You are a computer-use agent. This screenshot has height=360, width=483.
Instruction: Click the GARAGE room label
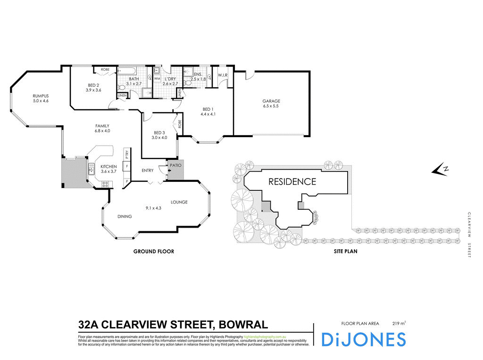point(271,101)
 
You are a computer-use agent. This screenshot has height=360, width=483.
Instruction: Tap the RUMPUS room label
point(41,95)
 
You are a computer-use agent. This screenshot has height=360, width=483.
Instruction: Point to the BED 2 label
point(94,84)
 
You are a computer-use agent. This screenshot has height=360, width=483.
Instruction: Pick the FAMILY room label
point(102,125)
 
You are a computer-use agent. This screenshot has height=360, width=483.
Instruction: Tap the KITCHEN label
point(108,166)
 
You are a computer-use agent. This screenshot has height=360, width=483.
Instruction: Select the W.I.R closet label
point(223,75)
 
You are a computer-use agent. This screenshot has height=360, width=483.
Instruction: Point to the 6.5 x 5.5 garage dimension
point(271,106)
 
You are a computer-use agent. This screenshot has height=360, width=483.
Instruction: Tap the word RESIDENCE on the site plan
point(292,181)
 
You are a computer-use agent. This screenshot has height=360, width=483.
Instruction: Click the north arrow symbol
point(441,170)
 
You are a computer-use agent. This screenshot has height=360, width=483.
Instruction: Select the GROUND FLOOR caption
point(154,252)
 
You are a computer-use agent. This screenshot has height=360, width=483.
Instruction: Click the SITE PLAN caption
point(345,252)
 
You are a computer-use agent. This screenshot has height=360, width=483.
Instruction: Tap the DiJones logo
point(363,339)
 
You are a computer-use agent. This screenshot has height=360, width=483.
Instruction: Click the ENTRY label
point(148,171)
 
